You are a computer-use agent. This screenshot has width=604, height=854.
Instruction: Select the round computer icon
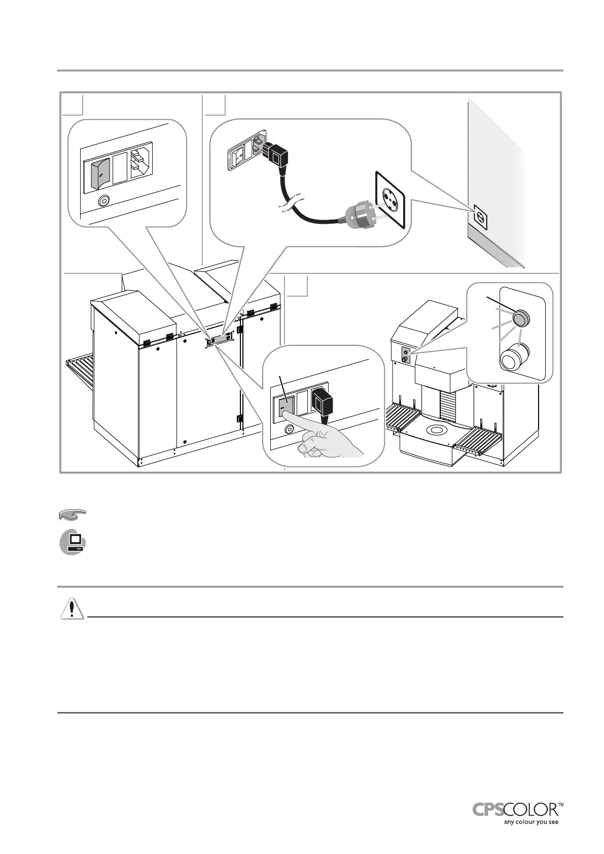point(73,542)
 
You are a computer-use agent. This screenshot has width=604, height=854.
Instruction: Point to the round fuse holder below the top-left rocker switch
point(103,201)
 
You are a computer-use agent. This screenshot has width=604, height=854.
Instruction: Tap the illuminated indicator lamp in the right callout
point(520,318)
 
